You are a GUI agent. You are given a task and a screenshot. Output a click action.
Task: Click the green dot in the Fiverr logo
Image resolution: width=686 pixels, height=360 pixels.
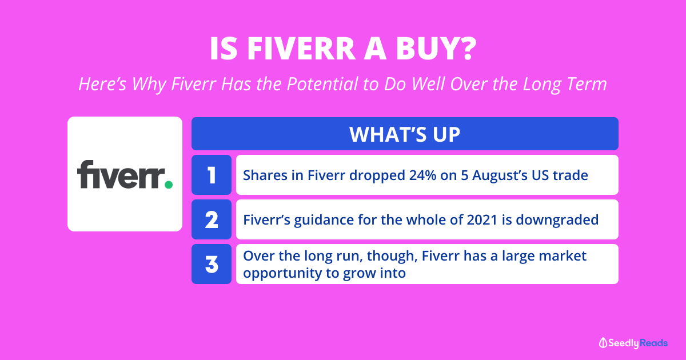tap(169, 184)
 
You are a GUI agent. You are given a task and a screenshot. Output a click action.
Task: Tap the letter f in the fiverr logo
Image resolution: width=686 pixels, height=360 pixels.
tap(85, 174)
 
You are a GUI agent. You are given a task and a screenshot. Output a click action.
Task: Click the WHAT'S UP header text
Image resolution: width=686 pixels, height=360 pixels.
tap(405, 134)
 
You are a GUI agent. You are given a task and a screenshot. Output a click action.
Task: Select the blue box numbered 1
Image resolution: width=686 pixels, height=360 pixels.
tap(212, 175)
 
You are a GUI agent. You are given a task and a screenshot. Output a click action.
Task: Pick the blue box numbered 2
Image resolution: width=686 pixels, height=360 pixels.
tap(212, 219)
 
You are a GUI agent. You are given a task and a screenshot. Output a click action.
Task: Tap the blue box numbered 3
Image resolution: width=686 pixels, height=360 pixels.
tap(212, 264)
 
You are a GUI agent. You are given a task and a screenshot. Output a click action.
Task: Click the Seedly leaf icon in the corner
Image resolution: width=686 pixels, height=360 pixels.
tap(603, 343)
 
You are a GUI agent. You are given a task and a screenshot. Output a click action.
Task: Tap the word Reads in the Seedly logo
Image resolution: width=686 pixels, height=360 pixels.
tap(653, 343)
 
